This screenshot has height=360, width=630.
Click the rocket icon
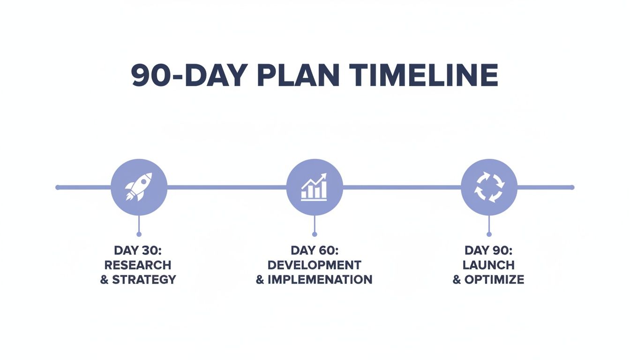(x=139, y=187)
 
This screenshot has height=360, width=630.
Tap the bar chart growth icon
(x=314, y=187)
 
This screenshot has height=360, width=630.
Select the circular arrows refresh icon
(x=489, y=187)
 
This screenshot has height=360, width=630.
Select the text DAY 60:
(x=314, y=250)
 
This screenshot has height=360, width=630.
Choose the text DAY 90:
(x=488, y=250)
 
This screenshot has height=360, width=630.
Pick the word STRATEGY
(x=144, y=280)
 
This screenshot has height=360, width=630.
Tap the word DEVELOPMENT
(x=314, y=265)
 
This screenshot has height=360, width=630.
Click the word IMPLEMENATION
(x=320, y=280)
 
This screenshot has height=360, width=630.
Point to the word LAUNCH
(x=488, y=265)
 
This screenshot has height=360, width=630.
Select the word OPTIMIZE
(x=494, y=280)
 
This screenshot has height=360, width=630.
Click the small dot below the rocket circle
(x=139, y=234)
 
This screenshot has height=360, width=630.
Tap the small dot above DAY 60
(x=314, y=234)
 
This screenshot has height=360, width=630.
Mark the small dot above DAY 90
(x=489, y=234)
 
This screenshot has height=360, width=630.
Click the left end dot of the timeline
(x=58, y=187)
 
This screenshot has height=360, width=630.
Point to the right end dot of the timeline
(x=572, y=187)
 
